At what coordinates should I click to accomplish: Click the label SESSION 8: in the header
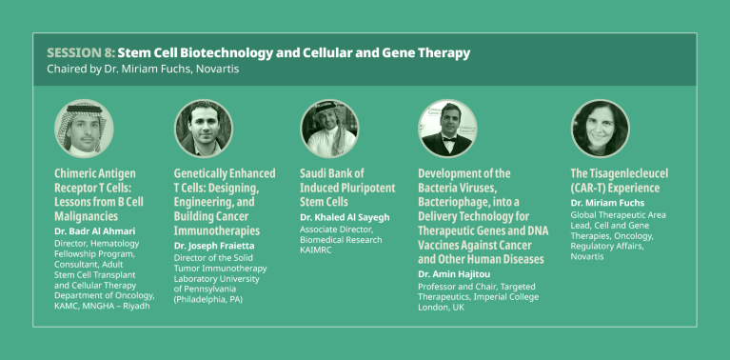point(79,52)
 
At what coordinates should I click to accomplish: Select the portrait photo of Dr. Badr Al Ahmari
point(84,129)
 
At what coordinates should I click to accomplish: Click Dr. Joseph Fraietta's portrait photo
point(203,129)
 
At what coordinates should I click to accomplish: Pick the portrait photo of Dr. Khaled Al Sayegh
point(329,129)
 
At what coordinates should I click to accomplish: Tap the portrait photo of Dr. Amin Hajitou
point(447,129)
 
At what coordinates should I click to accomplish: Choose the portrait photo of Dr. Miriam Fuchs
point(600,129)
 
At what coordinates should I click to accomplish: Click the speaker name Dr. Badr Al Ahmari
point(94,231)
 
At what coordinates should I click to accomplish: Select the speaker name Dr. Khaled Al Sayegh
point(345,217)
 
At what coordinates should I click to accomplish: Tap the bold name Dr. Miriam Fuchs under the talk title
point(608,203)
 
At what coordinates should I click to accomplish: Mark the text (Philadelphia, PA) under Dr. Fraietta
point(208,299)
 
